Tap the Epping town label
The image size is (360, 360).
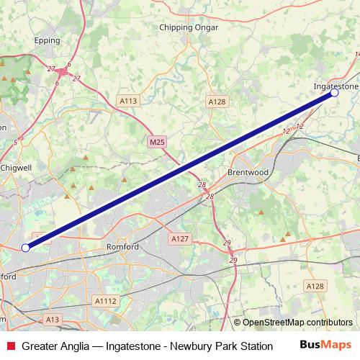(x=47, y=42)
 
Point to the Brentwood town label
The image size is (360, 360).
(x=248, y=174)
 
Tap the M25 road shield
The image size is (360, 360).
(x=158, y=143)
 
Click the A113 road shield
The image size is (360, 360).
(x=128, y=101)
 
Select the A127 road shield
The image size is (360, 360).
(x=179, y=238)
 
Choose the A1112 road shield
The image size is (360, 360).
(x=105, y=302)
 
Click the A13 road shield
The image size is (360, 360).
(x=52, y=318)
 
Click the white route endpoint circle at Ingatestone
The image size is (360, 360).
(x=334, y=93)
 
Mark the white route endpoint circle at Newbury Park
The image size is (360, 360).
(x=26, y=248)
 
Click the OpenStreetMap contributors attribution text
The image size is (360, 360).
(x=293, y=323)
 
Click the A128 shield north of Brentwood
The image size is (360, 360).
(x=217, y=102)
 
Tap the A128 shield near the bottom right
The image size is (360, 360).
(x=315, y=287)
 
